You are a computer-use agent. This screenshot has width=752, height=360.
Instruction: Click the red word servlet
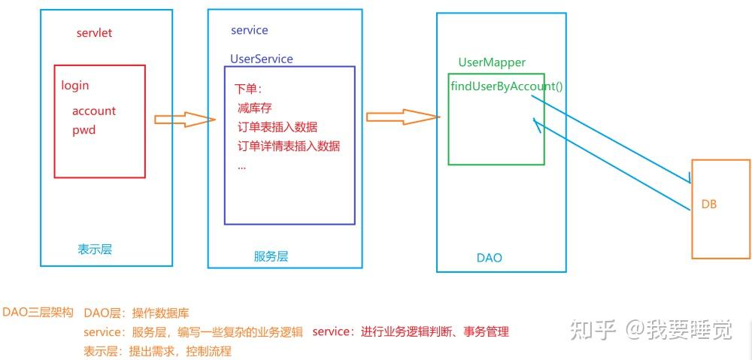pos(94,34)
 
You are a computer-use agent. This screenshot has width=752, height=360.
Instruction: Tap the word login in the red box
pos(75,86)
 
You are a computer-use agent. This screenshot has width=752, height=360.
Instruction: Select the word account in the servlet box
pos(94,110)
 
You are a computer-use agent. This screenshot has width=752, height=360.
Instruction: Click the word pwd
pos(83,130)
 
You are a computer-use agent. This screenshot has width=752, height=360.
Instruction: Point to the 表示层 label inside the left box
pos(95,249)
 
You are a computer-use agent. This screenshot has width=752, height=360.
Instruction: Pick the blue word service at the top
pos(249,31)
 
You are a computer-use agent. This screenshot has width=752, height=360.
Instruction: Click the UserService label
pos(262,59)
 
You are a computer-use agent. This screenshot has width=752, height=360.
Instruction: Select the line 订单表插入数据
pos(277,127)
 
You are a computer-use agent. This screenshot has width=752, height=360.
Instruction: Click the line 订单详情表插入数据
pos(289,146)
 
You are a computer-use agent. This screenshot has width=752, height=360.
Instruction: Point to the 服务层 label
pos(271,256)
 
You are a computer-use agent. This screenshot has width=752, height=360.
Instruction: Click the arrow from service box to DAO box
pos(402,116)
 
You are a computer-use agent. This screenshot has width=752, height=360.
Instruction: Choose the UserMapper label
pos(492,62)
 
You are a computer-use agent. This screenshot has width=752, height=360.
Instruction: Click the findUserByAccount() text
pos(507,86)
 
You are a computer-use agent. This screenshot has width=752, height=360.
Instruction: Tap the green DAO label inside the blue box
pos(489,258)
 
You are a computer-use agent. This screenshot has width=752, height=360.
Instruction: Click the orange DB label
pos(709,204)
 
